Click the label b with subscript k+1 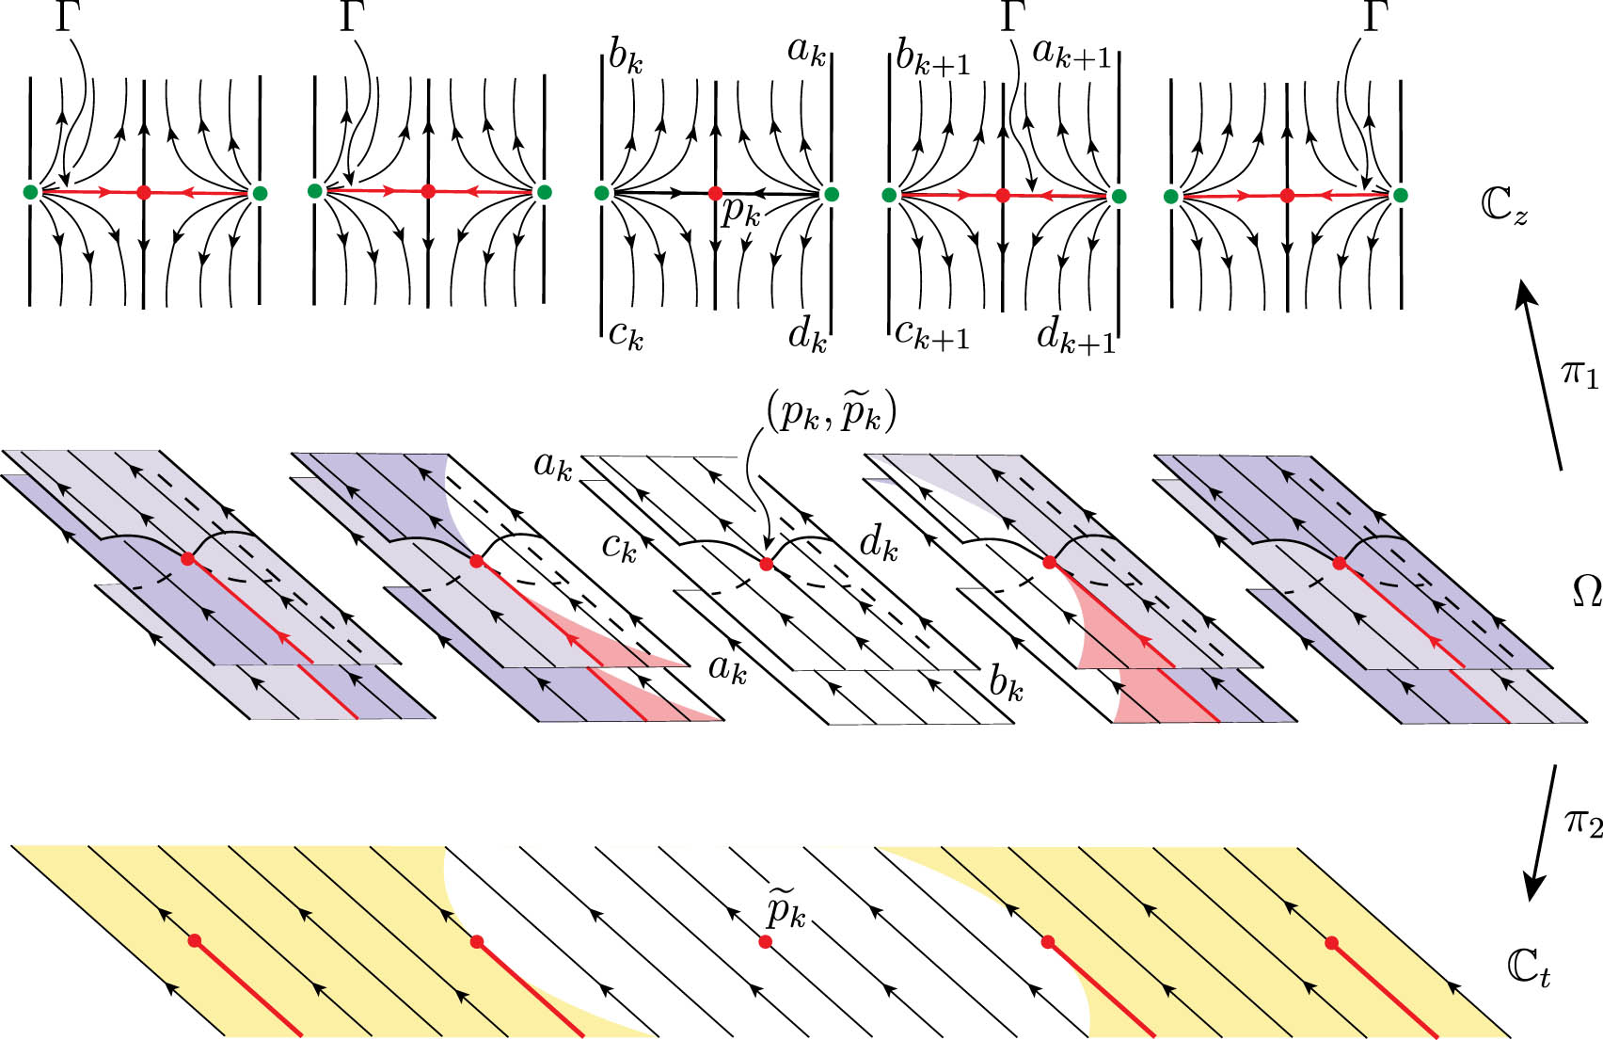coord(931,58)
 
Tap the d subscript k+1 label coord(1075,335)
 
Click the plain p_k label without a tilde coord(740,214)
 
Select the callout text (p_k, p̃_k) coord(831,415)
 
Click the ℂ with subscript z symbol coord(1504,207)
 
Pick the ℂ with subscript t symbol coord(1528,969)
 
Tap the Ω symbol coord(1587,593)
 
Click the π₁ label coord(1579,374)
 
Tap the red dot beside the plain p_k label coord(715,194)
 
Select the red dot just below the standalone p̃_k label coord(766,941)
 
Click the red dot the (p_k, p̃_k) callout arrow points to coord(766,564)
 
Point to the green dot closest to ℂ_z coord(1400,195)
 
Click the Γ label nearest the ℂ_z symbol coord(1375,19)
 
